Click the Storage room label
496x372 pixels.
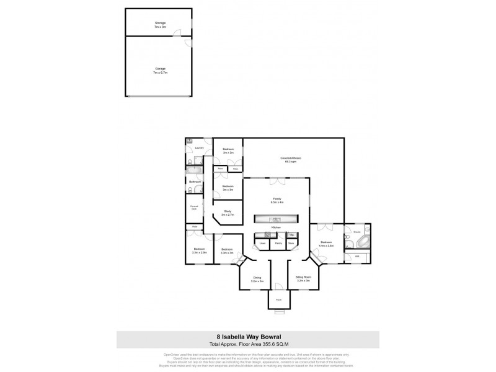coord(160,24)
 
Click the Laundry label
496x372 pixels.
coord(199,148)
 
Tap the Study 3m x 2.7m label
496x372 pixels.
coord(228,213)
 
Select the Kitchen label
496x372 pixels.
coord(277,228)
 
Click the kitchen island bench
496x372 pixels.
coord(277,219)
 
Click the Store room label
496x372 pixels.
coord(291,244)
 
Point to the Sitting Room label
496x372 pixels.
coord(303,280)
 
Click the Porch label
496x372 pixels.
coord(278,298)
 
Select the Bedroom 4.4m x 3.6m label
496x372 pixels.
coord(326,244)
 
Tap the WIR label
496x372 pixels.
coord(355,256)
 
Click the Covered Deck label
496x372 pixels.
coord(194,208)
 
